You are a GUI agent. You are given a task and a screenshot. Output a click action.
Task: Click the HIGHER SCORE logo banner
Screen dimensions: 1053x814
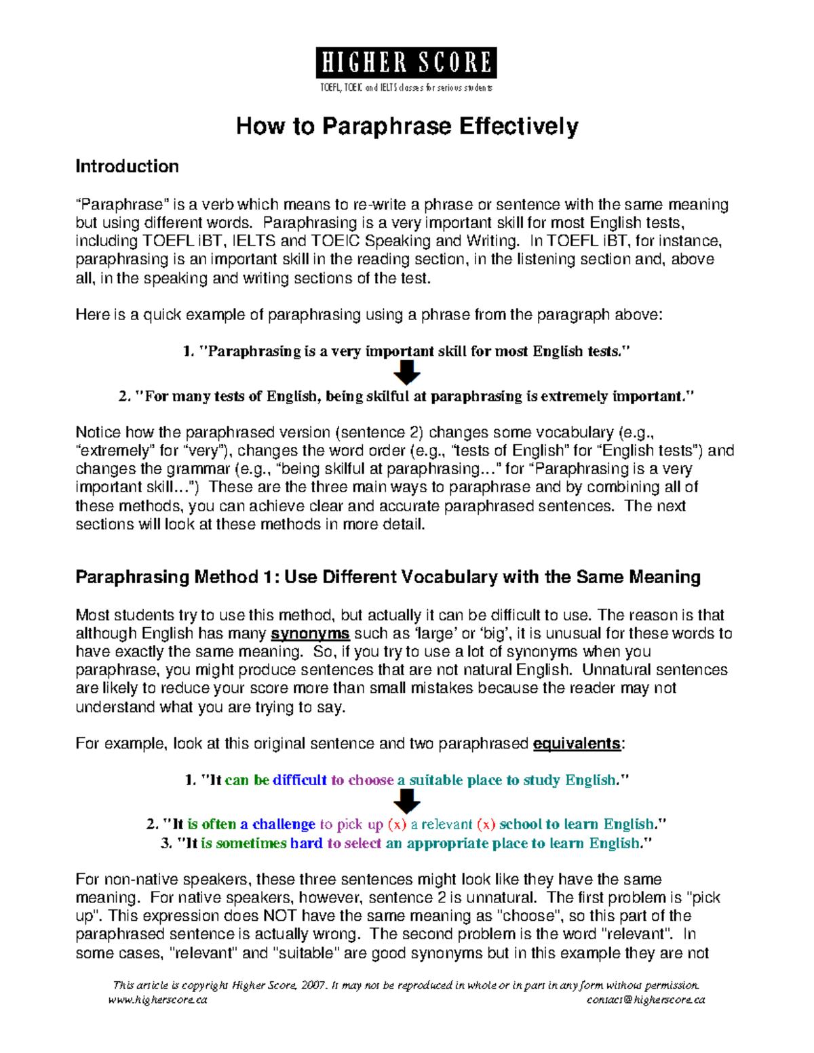click(406, 62)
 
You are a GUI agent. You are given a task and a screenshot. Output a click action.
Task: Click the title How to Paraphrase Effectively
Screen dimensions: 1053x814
click(406, 127)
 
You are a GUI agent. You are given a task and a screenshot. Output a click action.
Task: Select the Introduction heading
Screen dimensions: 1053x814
click(127, 167)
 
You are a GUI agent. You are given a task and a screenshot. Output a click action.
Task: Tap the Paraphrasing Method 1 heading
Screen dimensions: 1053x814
click(387, 577)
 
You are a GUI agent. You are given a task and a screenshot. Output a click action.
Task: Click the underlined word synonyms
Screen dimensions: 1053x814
click(310, 634)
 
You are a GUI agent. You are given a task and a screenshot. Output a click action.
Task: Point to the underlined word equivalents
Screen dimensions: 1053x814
click(577, 744)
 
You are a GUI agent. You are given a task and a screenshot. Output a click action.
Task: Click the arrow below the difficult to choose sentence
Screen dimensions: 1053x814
click(407, 802)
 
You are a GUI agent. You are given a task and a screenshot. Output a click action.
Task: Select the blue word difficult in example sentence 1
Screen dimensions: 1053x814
click(299, 780)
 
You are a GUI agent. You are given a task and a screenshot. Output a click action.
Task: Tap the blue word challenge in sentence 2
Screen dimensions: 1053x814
click(284, 824)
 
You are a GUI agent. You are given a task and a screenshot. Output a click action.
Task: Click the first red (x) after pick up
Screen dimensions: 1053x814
click(397, 824)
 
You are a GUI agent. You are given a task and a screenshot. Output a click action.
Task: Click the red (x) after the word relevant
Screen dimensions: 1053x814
click(486, 824)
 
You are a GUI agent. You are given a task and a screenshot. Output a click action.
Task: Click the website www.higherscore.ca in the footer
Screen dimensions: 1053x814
click(158, 999)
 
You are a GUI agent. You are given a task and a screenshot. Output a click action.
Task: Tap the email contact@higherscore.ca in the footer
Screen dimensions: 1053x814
click(646, 999)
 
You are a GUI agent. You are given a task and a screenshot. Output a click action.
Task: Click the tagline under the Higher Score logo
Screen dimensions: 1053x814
click(406, 87)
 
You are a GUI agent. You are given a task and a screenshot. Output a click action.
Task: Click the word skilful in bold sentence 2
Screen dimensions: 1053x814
click(384, 397)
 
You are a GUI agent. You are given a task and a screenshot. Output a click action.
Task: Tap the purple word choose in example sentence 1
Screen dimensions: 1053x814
click(370, 780)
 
